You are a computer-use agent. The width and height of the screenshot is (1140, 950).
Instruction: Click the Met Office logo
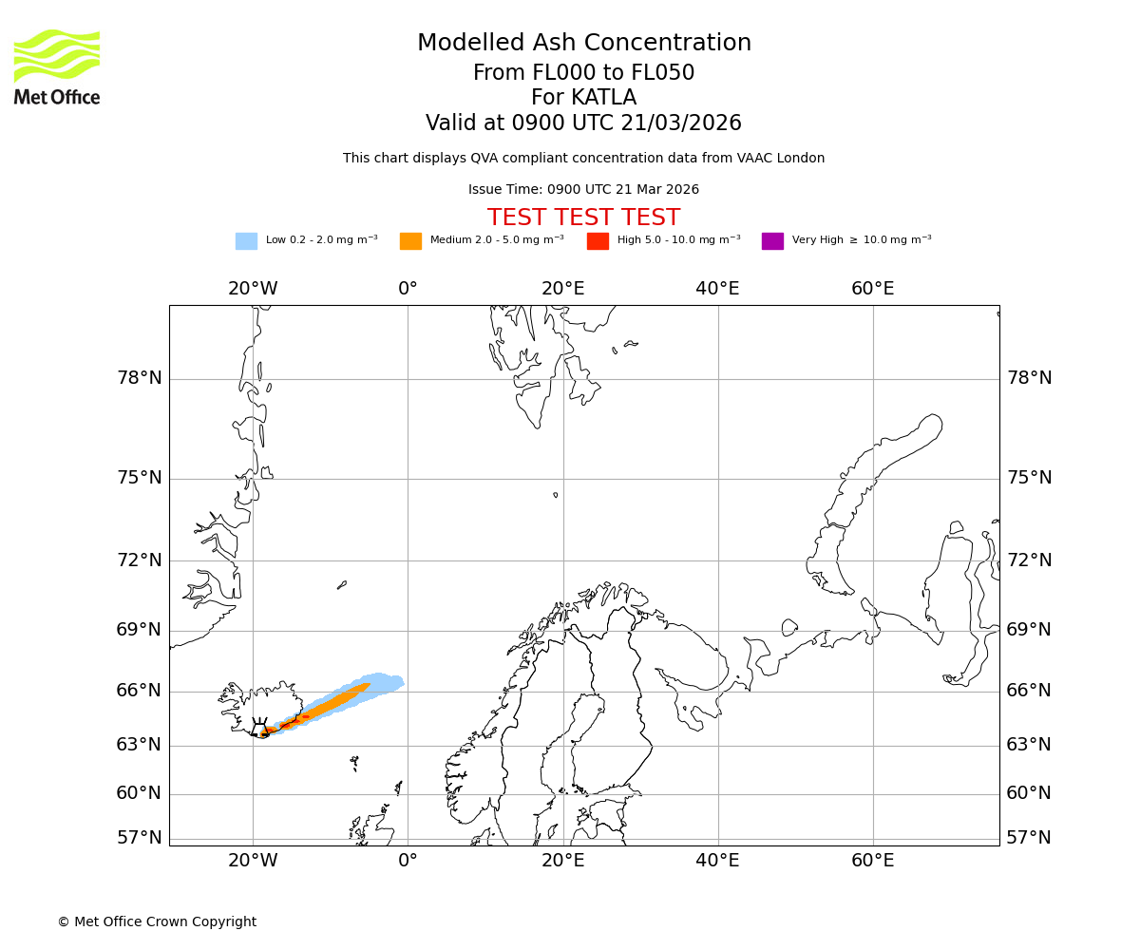click(x=57, y=66)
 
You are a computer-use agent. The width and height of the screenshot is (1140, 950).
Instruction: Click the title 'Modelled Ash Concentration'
click(x=583, y=44)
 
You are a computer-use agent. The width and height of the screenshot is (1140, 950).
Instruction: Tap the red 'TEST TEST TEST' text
click(x=583, y=218)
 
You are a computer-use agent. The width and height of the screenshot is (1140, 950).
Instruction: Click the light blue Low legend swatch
click(x=246, y=241)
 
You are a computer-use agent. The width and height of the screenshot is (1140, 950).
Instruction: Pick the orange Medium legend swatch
click(x=410, y=241)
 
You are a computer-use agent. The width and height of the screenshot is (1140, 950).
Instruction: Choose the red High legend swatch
click(x=598, y=241)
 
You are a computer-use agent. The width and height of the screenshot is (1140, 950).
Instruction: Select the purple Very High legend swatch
click(x=772, y=241)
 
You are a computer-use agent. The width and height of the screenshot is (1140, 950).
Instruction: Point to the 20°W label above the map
click(x=253, y=289)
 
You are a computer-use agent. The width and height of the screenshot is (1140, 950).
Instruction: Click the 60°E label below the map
click(x=872, y=861)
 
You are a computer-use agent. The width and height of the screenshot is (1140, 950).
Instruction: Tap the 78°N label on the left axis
click(x=139, y=378)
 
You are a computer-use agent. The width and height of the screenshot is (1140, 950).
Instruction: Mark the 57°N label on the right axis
click(x=1029, y=838)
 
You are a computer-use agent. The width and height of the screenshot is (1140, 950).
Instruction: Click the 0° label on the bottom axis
click(x=408, y=861)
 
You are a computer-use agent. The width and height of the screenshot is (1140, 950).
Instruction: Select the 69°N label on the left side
click(x=139, y=630)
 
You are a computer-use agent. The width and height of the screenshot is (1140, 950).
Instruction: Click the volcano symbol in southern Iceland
click(x=259, y=730)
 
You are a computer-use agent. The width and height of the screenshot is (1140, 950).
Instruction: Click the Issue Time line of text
click(x=583, y=190)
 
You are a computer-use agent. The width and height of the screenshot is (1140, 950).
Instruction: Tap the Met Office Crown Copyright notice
click(x=157, y=921)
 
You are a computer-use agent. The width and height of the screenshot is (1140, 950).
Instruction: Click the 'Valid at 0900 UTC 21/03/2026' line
click(x=583, y=123)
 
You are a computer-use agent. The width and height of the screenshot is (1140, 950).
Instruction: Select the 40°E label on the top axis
click(x=717, y=289)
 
